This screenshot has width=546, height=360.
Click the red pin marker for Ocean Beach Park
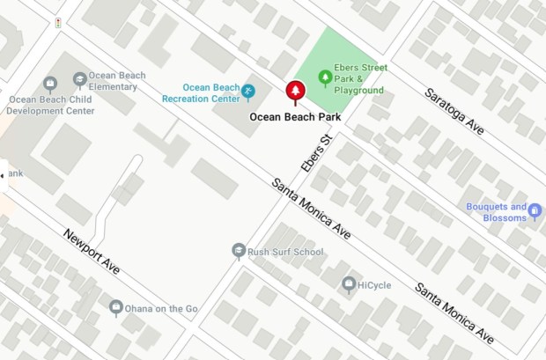tap(294, 92)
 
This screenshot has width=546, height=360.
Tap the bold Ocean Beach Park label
tap(294, 115)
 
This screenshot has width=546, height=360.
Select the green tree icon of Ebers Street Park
tap(326, 78)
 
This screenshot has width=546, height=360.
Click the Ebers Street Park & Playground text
tap(361, 79)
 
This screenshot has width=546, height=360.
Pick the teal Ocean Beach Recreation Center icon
tap(248, 91)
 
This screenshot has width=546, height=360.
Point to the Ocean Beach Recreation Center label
tap(202, 93)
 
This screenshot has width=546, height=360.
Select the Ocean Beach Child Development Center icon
tap(50, 84)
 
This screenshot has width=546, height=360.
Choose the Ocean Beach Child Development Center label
tap(51, 106)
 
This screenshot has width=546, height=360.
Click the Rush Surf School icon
tap(238, 252)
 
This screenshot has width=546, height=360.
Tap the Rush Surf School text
tap(285, 253)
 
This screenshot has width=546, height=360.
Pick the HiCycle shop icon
tap(349, 284)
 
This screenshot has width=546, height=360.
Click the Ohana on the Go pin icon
tap(116, 308)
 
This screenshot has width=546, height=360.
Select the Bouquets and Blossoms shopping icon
tap(535, 212)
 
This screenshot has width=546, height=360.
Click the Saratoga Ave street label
tap(454, 111)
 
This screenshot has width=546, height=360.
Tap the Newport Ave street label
tap(91, 252)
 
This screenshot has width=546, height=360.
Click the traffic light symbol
tap(58, 23)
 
